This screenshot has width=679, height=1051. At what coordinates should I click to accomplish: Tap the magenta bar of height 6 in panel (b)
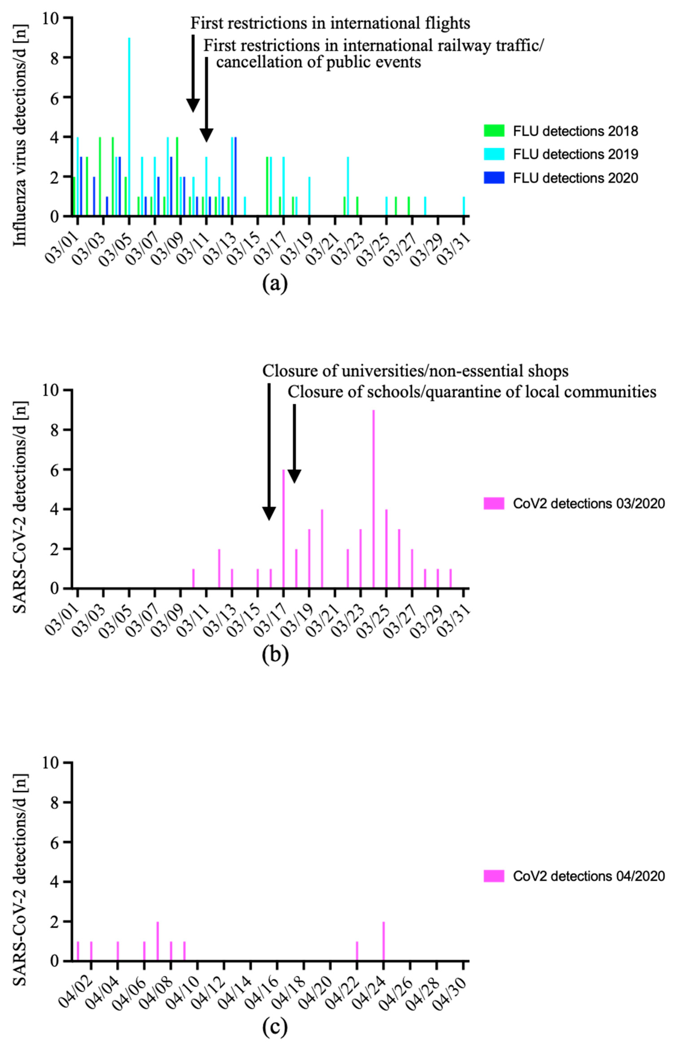[x=284, y=529]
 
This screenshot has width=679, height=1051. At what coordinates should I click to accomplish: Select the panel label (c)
[x=275, y=1027]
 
